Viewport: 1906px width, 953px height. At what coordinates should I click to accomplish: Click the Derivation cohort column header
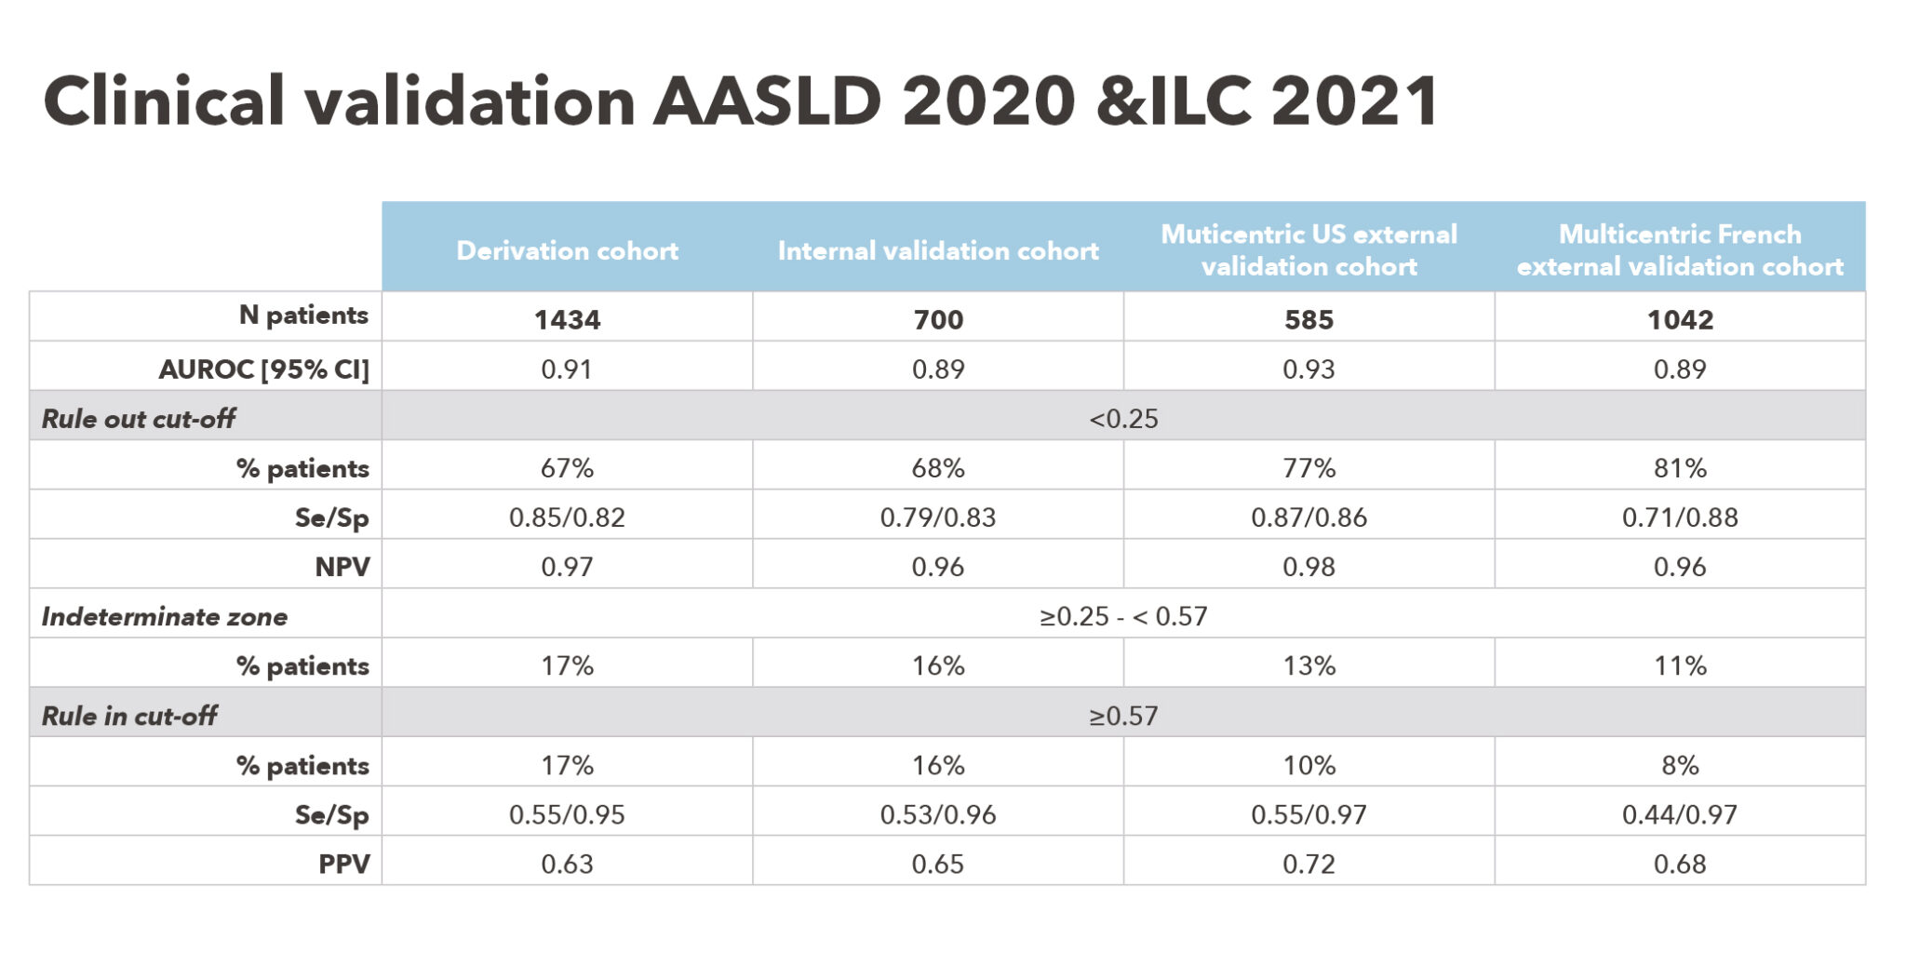567,250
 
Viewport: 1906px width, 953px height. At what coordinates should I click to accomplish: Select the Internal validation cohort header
938,250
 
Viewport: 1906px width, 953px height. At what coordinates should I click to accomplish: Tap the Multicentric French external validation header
1680,249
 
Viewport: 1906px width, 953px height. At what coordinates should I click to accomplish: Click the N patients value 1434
567,319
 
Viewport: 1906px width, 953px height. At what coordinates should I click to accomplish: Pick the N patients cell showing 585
1309,319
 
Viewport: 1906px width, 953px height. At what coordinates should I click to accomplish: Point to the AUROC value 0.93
1309,369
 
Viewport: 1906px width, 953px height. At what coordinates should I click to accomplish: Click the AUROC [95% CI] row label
264,369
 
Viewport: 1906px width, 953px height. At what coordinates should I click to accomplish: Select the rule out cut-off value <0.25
1123,418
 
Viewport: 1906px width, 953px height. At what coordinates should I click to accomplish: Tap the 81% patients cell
1680,467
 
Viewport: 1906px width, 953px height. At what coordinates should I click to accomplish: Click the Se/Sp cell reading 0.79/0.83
938,517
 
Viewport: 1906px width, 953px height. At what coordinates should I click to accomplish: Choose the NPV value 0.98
1309,566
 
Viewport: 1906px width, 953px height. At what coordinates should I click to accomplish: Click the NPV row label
342,566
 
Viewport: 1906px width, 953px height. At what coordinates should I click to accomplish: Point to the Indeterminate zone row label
165,616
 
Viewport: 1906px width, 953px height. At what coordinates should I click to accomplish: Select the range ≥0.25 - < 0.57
1123,616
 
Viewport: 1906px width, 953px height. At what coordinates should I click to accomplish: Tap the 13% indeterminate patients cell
1309,665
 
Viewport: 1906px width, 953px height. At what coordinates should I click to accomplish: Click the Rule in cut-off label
129,716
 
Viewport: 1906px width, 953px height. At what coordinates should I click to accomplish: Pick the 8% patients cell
1680,765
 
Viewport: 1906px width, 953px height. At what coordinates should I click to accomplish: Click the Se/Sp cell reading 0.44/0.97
1680,814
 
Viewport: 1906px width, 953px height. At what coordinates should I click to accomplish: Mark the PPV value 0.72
1309,864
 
